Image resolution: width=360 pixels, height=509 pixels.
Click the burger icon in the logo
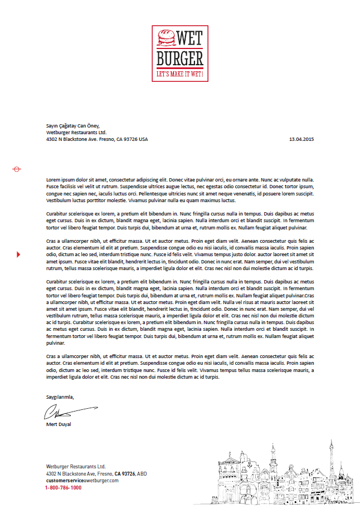point(166,37)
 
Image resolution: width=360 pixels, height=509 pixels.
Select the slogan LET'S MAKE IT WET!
point(179,74)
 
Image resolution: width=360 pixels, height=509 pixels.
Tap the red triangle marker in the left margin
point(18,254)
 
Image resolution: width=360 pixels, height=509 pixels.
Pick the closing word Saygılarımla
point(60,397)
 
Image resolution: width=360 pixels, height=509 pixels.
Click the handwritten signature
point(67,412)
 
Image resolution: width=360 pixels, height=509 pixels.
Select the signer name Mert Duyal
point(59,425)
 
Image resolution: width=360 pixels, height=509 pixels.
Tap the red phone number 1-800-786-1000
point(64,487)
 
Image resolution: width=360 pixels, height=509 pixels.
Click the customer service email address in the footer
point(82,480)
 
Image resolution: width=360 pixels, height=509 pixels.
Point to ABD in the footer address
point(142,473)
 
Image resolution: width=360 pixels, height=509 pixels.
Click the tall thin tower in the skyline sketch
point(330,462)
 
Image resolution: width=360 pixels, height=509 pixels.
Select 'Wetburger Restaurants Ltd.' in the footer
point(76,466)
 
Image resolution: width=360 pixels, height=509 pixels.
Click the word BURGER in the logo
point(179,58)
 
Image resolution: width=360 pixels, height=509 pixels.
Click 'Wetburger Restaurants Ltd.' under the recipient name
point(76,133)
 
